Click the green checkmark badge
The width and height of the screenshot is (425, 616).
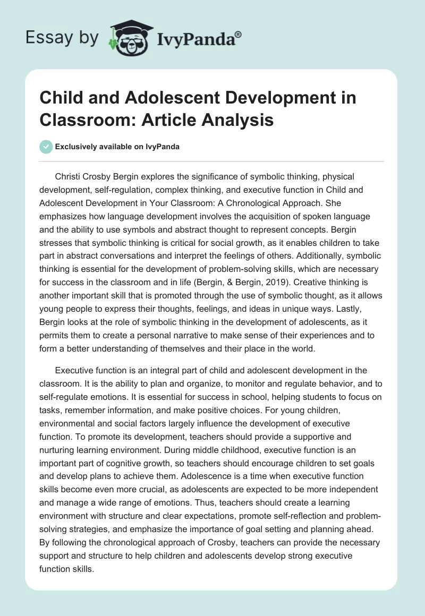[x=46, y=146]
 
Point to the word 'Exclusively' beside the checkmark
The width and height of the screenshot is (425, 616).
[x=79, y=147]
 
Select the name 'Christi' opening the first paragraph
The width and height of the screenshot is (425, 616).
[x=69, y=176]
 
